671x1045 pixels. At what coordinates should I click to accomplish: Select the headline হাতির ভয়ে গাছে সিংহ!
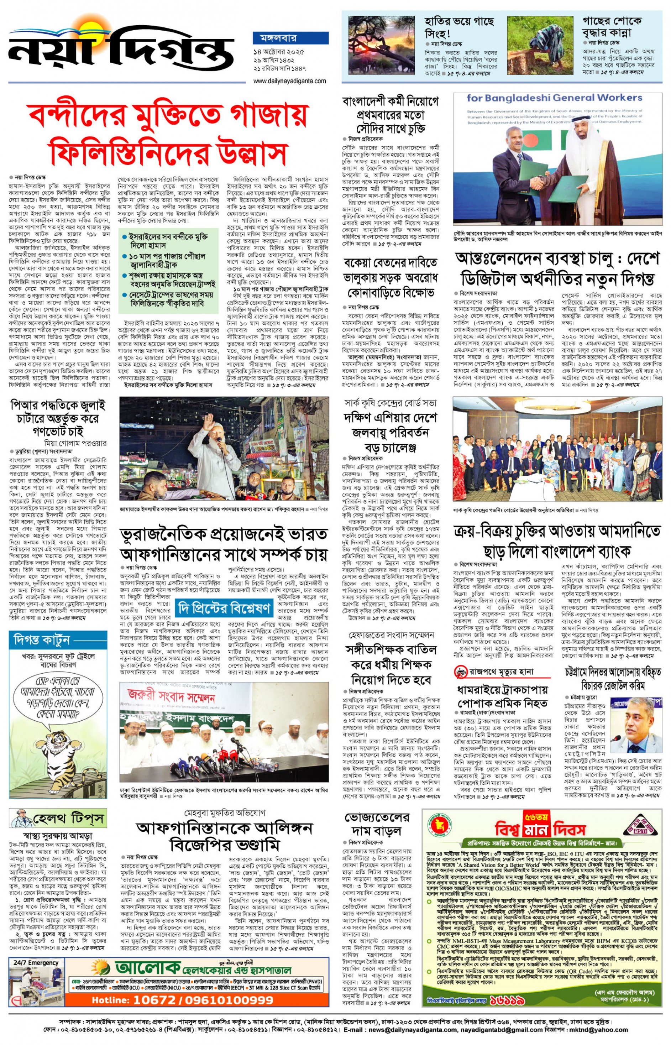pos(459,27)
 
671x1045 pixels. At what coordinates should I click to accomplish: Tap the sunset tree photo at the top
pos(382,46)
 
